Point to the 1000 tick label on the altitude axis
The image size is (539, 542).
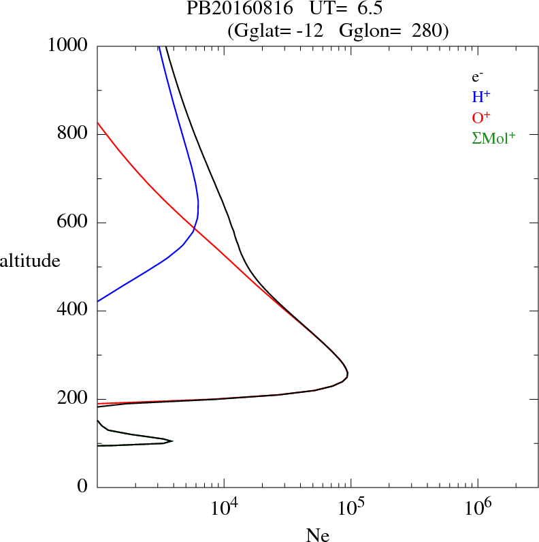pyautogui.click(x=69, y=45)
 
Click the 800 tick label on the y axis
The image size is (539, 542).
pyautogui.click(x=75, y=133)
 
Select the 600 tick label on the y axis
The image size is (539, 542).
pyautogui.click(x=75, y=222)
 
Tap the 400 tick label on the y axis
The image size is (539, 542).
pyautogui.click(x=75, y=310)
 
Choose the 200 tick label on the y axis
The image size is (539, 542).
pyautogui.click(x=75, y=399)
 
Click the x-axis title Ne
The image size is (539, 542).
pyautogui.click(x=318, y=535)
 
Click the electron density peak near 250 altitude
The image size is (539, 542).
pyautogui.click(x=348, y=374)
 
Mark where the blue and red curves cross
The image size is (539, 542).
pyautogui.click(x=194, y=230)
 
